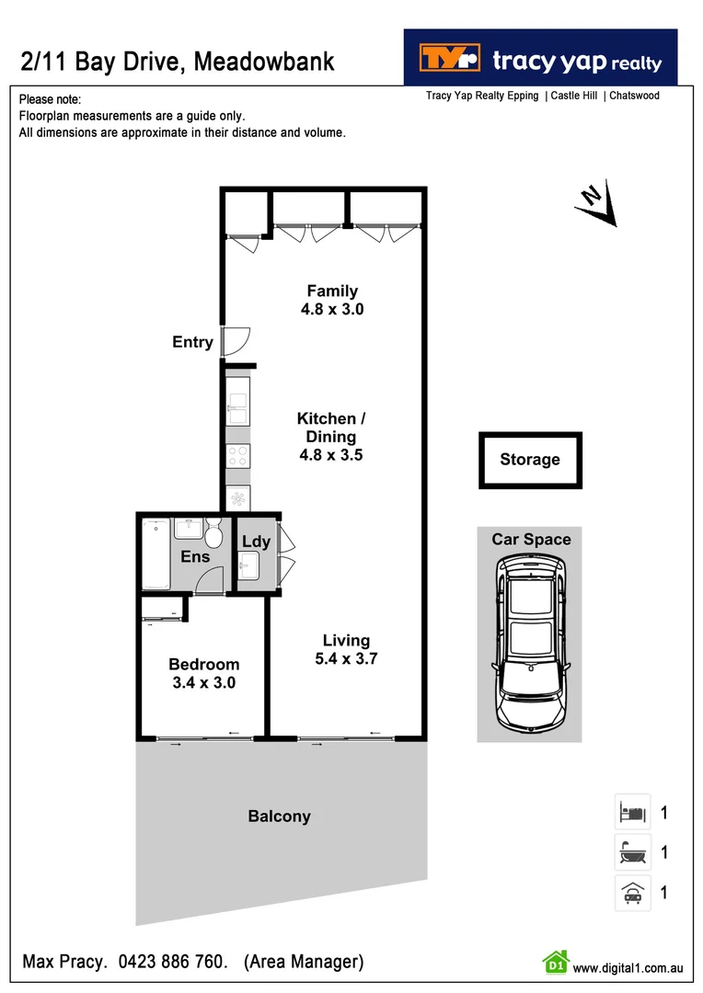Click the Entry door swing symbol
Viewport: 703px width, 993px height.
[234, 341]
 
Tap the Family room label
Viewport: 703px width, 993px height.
[332, 291]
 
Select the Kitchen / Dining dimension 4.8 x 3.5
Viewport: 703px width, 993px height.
[331, 454]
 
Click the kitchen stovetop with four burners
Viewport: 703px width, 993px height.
[238, 456]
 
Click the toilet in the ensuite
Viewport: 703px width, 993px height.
[213, 533]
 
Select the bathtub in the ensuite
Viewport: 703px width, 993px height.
[156, 554]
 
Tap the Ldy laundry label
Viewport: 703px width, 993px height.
[256, 542]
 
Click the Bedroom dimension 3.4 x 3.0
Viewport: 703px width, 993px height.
[204, 682]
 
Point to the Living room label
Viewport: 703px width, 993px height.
[346, 641]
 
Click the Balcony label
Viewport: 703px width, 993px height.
[279, 816]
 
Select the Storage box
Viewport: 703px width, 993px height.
[530, 460]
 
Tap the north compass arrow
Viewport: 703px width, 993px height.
[595, 204]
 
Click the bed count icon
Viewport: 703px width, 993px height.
[632, 812]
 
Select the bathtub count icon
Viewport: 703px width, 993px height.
[632, 852]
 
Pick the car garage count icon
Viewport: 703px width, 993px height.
[632, 893]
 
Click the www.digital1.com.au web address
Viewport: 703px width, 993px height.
[627, 967]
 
